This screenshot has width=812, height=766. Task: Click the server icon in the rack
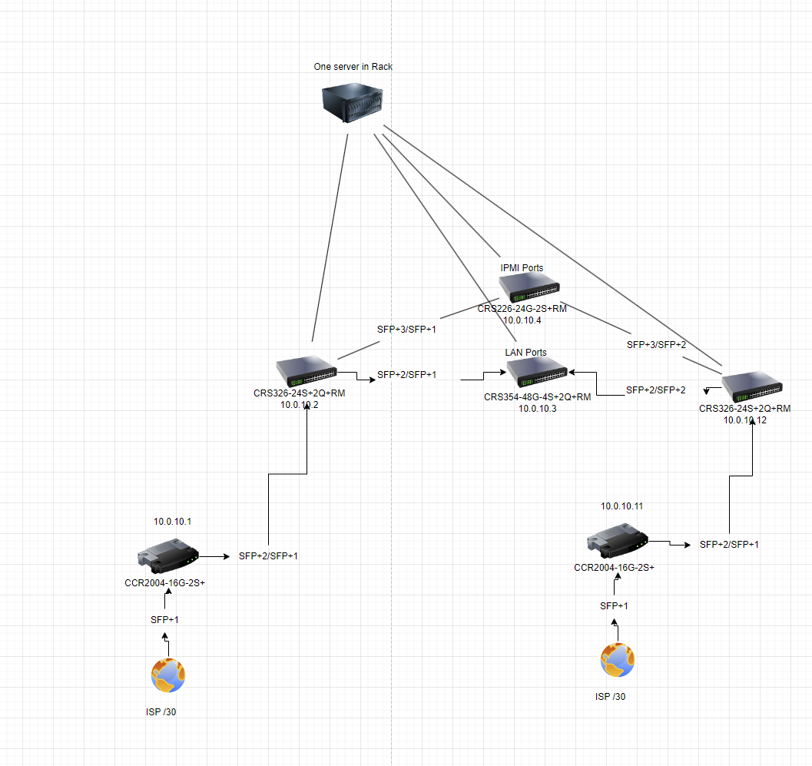coord(353,104)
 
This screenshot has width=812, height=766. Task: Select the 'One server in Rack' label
coord(353,67)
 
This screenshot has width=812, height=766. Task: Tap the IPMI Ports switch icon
coord(529,288)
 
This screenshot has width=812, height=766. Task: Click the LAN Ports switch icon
coord(537,373)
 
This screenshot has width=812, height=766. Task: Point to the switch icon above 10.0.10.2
coord(307,372)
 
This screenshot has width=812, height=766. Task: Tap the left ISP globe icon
coord(168,676)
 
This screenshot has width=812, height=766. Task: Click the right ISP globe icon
coord(618,661)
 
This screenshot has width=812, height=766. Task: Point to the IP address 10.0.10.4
coord(522,320)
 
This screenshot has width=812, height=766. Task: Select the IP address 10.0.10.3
coord(537,409)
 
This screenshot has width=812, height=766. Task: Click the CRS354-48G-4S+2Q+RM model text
coord(537,397)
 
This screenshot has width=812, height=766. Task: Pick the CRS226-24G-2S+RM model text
coord(522,309)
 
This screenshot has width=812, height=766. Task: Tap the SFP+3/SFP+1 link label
coord(406,330)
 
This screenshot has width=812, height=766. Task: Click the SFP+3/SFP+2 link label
coord(656,345)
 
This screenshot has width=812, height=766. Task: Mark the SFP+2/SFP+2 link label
coord(655,390)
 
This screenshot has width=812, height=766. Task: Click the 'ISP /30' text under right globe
coord(611,697)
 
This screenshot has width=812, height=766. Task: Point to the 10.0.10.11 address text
coord(621,506)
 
